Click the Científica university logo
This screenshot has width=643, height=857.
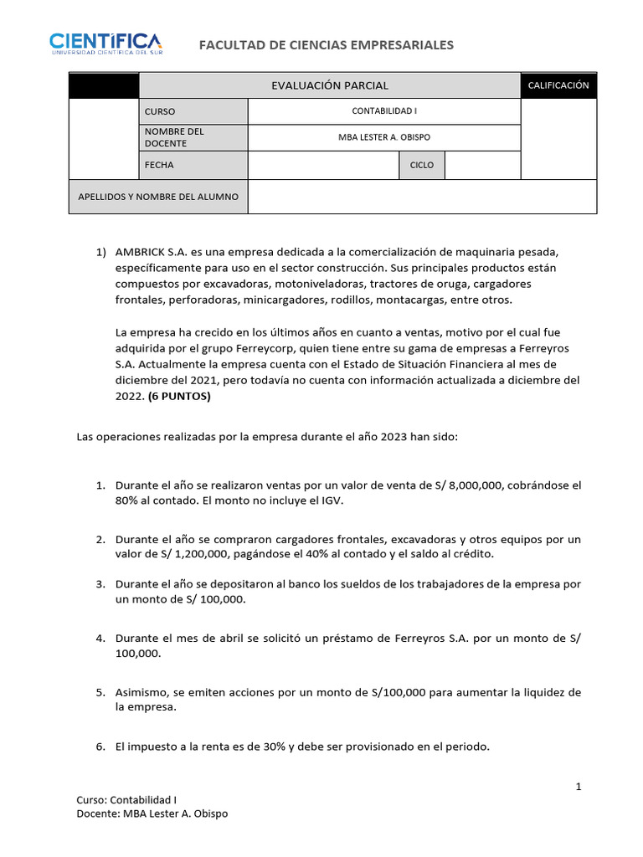pos(105,43)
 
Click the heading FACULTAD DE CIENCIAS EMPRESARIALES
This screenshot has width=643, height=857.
pos(326,44)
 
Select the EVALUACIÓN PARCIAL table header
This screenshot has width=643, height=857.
pos(329,85)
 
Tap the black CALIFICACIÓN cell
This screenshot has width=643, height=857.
pos(558,85)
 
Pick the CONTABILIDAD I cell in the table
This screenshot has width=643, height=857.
pos(384,111)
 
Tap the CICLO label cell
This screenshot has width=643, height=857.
pos(421,165)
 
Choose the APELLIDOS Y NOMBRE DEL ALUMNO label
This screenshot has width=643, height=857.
pos(158,197)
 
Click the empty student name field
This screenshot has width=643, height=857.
pos(422,197)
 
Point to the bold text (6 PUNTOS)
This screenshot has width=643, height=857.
pos(179,397)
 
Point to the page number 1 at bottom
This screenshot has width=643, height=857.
pos(578,787)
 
